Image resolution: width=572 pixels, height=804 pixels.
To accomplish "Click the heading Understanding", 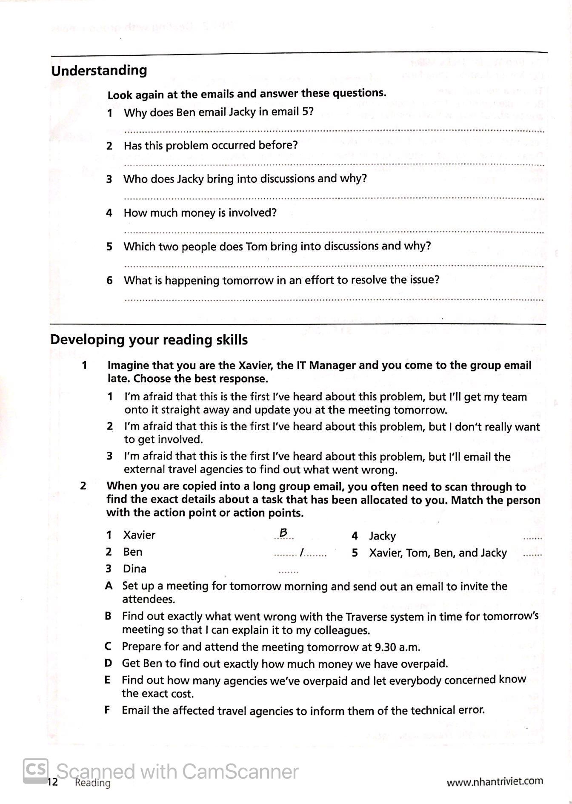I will point(99,71).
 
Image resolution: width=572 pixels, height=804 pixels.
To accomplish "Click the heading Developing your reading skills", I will point(149,340).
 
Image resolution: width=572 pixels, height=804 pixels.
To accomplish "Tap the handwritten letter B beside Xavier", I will point(283,533).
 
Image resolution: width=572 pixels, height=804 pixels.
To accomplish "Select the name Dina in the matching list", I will point(134,569).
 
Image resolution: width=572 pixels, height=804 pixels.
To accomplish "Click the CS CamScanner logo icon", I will point(35,771).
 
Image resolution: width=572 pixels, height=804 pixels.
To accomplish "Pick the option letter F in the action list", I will point(107,710).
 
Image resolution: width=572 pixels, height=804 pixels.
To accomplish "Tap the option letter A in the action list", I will point(109,586).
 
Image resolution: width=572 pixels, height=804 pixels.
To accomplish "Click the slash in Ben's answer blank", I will point(301,553).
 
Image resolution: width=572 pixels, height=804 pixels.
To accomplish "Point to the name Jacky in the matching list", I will point(382,536).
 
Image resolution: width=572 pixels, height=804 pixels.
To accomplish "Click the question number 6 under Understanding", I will point(109,280).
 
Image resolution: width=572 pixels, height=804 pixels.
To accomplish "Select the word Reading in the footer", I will point(92,783).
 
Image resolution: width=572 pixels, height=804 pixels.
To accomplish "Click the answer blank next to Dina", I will point(288,571).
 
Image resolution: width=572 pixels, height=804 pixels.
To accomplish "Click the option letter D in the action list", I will point(108,663).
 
